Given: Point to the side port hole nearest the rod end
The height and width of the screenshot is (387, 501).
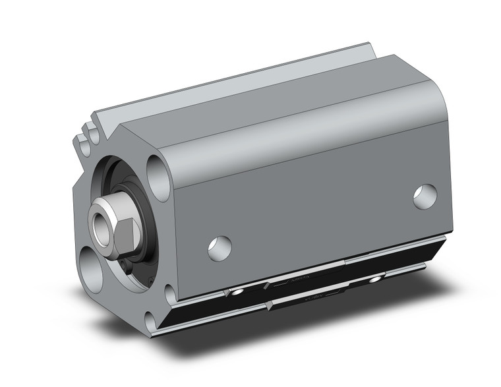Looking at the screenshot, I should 220,247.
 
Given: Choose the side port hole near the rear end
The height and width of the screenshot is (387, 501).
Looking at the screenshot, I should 425,196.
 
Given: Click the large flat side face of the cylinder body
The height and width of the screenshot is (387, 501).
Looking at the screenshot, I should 316,198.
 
